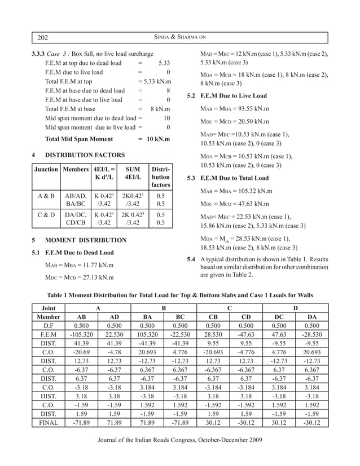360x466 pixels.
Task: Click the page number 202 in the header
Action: point(42,38)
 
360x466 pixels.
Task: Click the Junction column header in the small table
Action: point(46,169)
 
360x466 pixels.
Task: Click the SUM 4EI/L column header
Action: point(133,173)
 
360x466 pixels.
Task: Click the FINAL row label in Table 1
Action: point(49,423)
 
